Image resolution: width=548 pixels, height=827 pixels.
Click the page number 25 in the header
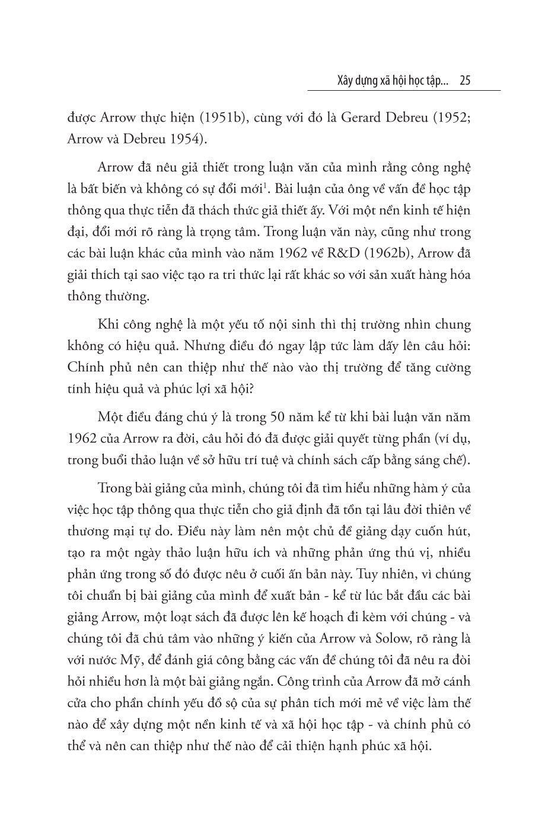(x=465, y=81)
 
